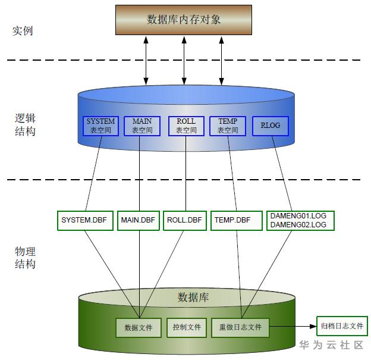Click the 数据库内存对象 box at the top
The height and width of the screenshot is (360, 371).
(x=184, y=20)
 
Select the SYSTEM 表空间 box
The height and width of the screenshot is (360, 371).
(x=100, y=126)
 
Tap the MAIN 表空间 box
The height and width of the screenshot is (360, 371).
(x=142, y=126)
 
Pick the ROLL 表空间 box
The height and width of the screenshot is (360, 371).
(x=186, y=126)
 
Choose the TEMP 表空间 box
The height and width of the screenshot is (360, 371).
(x=228, y=126)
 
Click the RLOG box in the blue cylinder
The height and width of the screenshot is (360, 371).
(x=271, y=126)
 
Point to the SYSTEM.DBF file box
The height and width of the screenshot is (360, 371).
(x=84, y=220)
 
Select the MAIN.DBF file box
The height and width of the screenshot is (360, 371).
(x=138, y=220)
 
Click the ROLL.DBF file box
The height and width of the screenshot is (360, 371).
(x=184, y=220)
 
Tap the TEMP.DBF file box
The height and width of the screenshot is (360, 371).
(x=232, y=220)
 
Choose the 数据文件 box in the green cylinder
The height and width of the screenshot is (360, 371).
(x=139, y=327)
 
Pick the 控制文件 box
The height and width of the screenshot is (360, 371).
(x=187, y=327)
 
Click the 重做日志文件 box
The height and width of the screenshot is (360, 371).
(x=240, y=327)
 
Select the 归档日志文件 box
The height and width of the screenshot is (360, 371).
(x=342, y=326)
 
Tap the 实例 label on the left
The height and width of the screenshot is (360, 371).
(x=23, y=30)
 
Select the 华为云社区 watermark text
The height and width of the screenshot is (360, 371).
(x=331, y=345)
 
